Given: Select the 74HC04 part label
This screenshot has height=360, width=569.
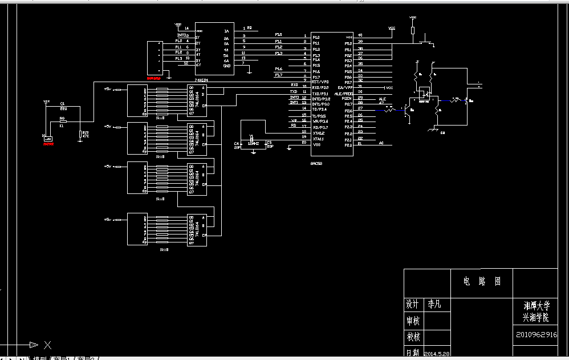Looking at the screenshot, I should click(201, 80).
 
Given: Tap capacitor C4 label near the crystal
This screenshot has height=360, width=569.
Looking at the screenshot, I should click(237, 143).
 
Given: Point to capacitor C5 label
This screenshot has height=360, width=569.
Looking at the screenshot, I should click(270, 143).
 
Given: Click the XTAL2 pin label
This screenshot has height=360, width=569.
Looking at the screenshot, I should click(318, 133).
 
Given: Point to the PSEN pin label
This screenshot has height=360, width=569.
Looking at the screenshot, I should click(347, 99).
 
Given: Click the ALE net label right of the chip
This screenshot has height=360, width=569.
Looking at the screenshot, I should click(382, 99).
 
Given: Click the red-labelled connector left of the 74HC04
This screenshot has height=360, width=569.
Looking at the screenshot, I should click(154, 58).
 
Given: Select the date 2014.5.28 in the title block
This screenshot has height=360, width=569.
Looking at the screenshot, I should click(437, 354).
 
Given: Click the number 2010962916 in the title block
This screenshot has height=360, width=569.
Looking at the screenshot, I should click(537, 335).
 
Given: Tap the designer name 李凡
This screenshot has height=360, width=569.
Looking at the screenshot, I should click(434, 304).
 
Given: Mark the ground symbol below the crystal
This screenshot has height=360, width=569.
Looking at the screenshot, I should click(252, 151).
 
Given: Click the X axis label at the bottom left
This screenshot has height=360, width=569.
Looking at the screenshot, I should click(48, 345).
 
